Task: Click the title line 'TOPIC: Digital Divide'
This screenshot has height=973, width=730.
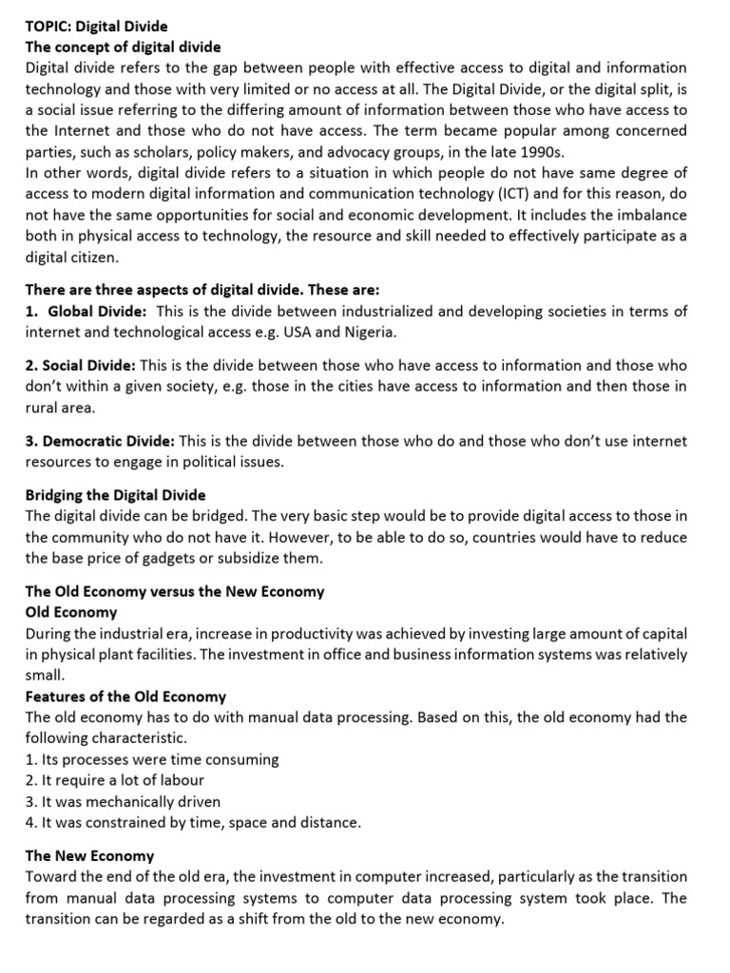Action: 96,27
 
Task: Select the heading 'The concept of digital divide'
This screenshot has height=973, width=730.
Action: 123,48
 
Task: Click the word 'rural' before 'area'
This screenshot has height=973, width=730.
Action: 43,408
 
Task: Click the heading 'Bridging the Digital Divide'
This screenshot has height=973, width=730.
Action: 115,495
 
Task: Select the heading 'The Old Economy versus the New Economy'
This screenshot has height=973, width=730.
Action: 174,591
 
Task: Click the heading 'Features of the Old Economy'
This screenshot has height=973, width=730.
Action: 125,696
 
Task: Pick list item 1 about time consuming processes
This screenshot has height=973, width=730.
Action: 152,759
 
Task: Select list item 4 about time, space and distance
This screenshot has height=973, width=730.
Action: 193,822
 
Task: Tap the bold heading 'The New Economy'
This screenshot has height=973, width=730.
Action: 89,856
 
